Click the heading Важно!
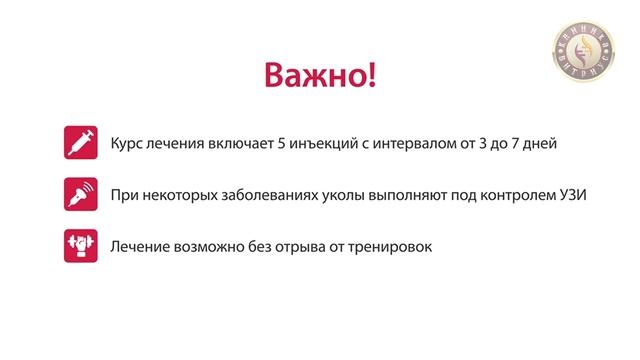point(320,76)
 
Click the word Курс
point(127,144)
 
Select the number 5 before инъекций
point(288,144)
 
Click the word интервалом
point(414,144)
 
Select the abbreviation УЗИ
point(571,195)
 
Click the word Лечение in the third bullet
point(142,246)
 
